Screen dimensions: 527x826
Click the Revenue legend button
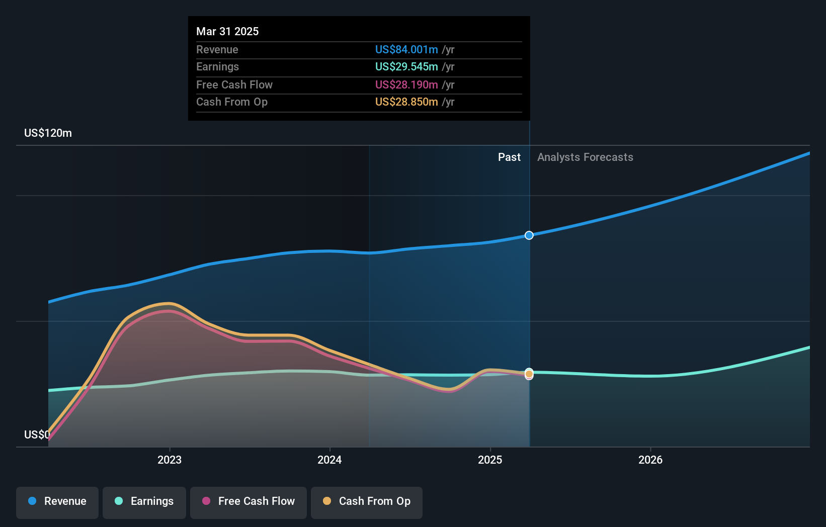57,502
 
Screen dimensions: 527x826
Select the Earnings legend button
144,502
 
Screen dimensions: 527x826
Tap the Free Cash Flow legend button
249,502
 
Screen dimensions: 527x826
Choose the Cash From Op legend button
367,502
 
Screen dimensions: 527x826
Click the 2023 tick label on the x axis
170,460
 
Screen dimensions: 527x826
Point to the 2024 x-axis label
329,460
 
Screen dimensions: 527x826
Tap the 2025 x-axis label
490,460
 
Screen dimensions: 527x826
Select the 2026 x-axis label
650,460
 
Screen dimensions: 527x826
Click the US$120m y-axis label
48,133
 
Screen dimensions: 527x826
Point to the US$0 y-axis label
37,434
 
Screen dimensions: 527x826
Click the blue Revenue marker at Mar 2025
529,235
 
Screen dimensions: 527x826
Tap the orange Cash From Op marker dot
529,374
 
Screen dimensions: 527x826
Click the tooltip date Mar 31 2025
227,31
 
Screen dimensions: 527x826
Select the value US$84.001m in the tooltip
406,49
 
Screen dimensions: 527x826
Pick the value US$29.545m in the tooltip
406,66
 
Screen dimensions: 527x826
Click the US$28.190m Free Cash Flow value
406,84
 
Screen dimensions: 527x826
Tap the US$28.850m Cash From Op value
406,102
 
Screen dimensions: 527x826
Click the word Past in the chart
509,157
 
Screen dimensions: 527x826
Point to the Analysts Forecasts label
585,157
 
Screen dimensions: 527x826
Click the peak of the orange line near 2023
169,303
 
